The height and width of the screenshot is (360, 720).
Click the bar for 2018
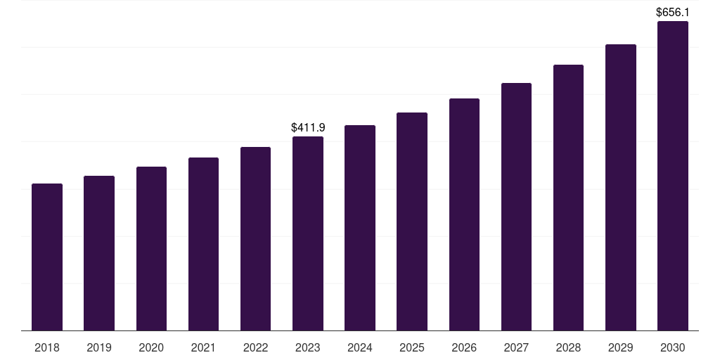pyautogui.click(x=47, y=257)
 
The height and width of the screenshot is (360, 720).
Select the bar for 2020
pyautogui.click(x=151, y=248)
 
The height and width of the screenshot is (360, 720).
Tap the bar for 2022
pyautogui.click(x=255, y=238)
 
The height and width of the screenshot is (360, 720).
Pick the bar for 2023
pyautogui.click(x=308, y=233)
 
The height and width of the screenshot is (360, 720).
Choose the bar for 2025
pyautogui.click(x=412, y=221)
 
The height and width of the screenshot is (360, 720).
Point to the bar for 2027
pyautogui.click(x=516, y=207)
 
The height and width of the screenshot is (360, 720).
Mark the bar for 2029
pyautogui.click(x=621, y=187)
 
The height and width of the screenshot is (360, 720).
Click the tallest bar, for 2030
pyautogui.click(x=673, y=176)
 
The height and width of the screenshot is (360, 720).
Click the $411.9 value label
pyautogui.click(x=308, y=128)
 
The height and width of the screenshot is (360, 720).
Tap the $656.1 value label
pyautogui.click(x=673, y=13)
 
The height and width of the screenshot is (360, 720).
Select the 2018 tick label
pyautogui.click(x=47, y=348)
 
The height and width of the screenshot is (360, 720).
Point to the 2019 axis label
pyautogui.click(x=99, y=348)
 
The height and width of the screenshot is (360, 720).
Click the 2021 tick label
pyautogui.click(x=203, y=348)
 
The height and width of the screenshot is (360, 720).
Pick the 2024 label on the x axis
pyautogui.click(x=360, y=348)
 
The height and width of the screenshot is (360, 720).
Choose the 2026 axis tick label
pyautogui.click(x=464, y=348)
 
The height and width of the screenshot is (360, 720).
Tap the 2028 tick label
pyautogui.click(x=568, y=348)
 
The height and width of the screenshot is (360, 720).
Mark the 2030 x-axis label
pyautogui.click(x=673, y=348)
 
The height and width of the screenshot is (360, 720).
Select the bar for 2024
pyautogui.click(x=360, y=228)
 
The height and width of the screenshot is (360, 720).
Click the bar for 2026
pyautogui.click(x=464, y=214)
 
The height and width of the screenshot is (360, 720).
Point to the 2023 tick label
pyautogui.click(x=308, y=348)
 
